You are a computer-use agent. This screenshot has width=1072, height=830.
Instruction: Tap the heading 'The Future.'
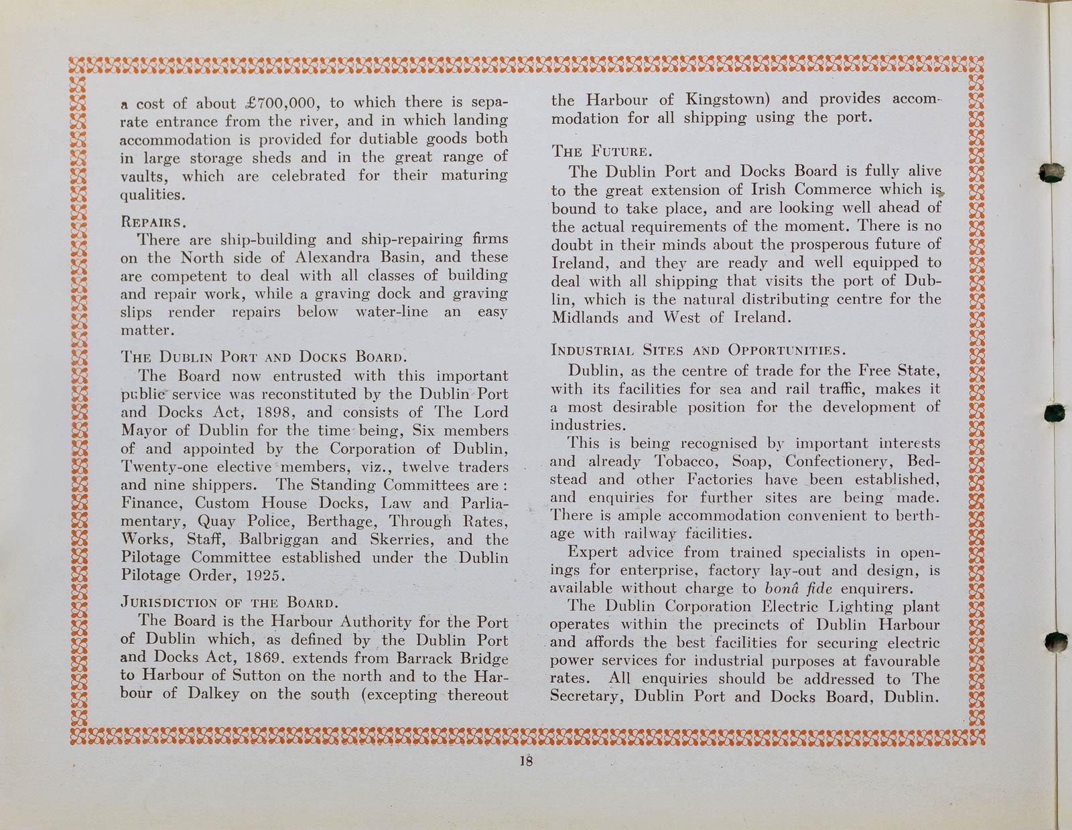click(591, 151)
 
